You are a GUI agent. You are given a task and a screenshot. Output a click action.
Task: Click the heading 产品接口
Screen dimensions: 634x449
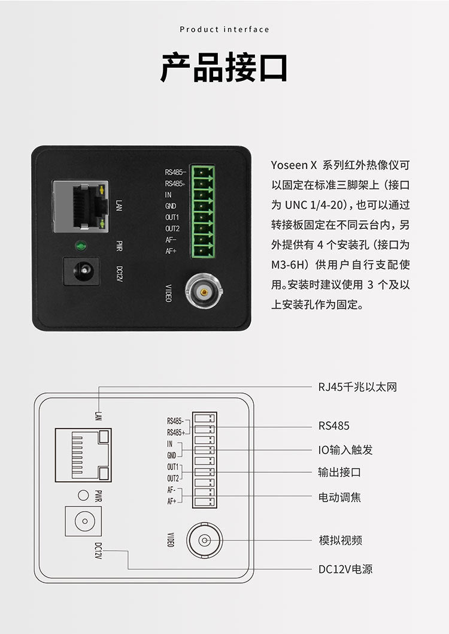point(224,67)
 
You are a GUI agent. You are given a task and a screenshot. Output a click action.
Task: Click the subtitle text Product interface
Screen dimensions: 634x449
point(224,29)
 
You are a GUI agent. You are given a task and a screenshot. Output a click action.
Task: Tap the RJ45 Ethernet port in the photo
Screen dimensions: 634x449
point(81,206)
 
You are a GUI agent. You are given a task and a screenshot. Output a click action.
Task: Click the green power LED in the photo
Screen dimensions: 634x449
point(81,245)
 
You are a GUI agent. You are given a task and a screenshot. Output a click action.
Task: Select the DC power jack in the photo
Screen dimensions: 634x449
point(81,271)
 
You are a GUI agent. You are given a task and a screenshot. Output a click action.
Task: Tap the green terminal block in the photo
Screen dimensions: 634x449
point(203,211)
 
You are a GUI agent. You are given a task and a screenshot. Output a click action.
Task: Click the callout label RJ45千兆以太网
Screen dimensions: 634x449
point(357,387)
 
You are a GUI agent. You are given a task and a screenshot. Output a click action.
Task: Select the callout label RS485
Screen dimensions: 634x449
point(333,426)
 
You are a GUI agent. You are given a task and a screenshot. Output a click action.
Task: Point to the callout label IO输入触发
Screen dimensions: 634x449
point(345,450)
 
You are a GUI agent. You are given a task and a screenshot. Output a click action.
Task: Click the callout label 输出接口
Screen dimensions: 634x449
point(339,472)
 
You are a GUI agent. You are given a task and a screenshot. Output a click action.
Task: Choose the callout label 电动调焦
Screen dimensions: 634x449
point(339,497)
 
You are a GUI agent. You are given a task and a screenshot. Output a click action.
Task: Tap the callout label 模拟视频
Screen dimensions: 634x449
point(340,541)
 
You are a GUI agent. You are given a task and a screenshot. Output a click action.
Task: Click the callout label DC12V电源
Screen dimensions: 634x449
point(345,569)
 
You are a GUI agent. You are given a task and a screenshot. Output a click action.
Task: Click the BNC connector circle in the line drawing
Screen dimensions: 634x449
point(204,541)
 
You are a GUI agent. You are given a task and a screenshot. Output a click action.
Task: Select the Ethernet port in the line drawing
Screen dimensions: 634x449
point(83,454)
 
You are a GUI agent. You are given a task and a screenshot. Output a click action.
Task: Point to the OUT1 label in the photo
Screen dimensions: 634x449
point(172,217)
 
